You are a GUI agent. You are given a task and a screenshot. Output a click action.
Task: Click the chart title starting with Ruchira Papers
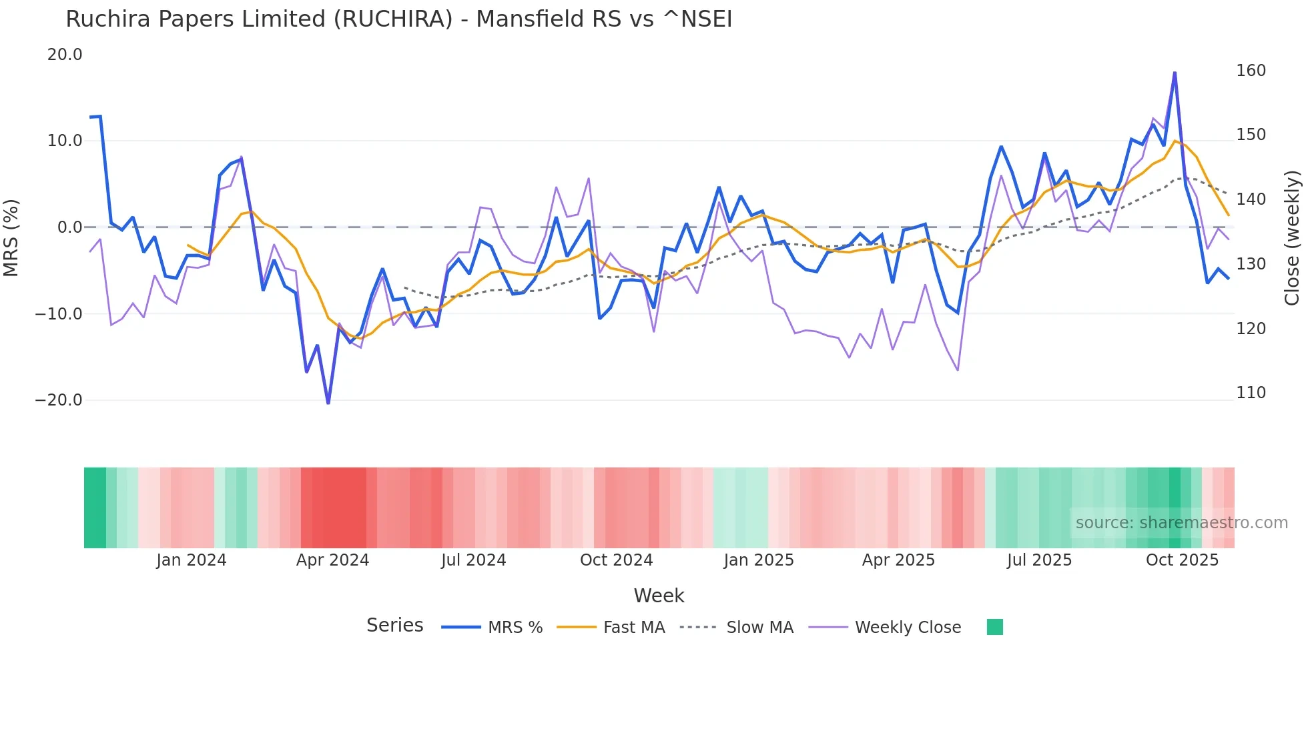(398, 19)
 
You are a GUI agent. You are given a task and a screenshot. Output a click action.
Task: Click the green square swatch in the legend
(994, 627)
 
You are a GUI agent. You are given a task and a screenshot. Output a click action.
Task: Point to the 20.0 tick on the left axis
(65, 55)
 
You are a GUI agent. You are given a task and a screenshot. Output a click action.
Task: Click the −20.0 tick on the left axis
(59, 400)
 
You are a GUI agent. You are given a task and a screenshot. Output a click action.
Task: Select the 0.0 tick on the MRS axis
(69, 227)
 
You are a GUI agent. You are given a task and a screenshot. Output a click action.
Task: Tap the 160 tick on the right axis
(1251, 71)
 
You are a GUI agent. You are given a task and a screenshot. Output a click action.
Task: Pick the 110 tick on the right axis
(1251, 393)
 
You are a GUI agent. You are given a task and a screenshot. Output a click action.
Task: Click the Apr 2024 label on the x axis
(332, 560)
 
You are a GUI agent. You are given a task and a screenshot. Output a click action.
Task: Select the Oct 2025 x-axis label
(1182, 560)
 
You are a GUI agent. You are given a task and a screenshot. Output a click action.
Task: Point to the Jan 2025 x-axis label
(759, 560)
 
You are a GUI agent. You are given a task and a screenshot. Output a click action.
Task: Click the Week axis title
(659, 596)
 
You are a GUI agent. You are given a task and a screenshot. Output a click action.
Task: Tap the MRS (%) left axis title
(11, 237)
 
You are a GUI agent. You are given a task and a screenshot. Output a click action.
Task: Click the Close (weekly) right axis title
(1293, 238)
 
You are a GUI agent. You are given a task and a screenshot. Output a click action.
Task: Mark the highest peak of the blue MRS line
(1175, 73)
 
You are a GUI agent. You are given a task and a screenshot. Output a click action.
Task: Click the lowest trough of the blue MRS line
(328, 403)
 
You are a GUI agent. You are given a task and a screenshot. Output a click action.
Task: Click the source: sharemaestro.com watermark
(1181, 523)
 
